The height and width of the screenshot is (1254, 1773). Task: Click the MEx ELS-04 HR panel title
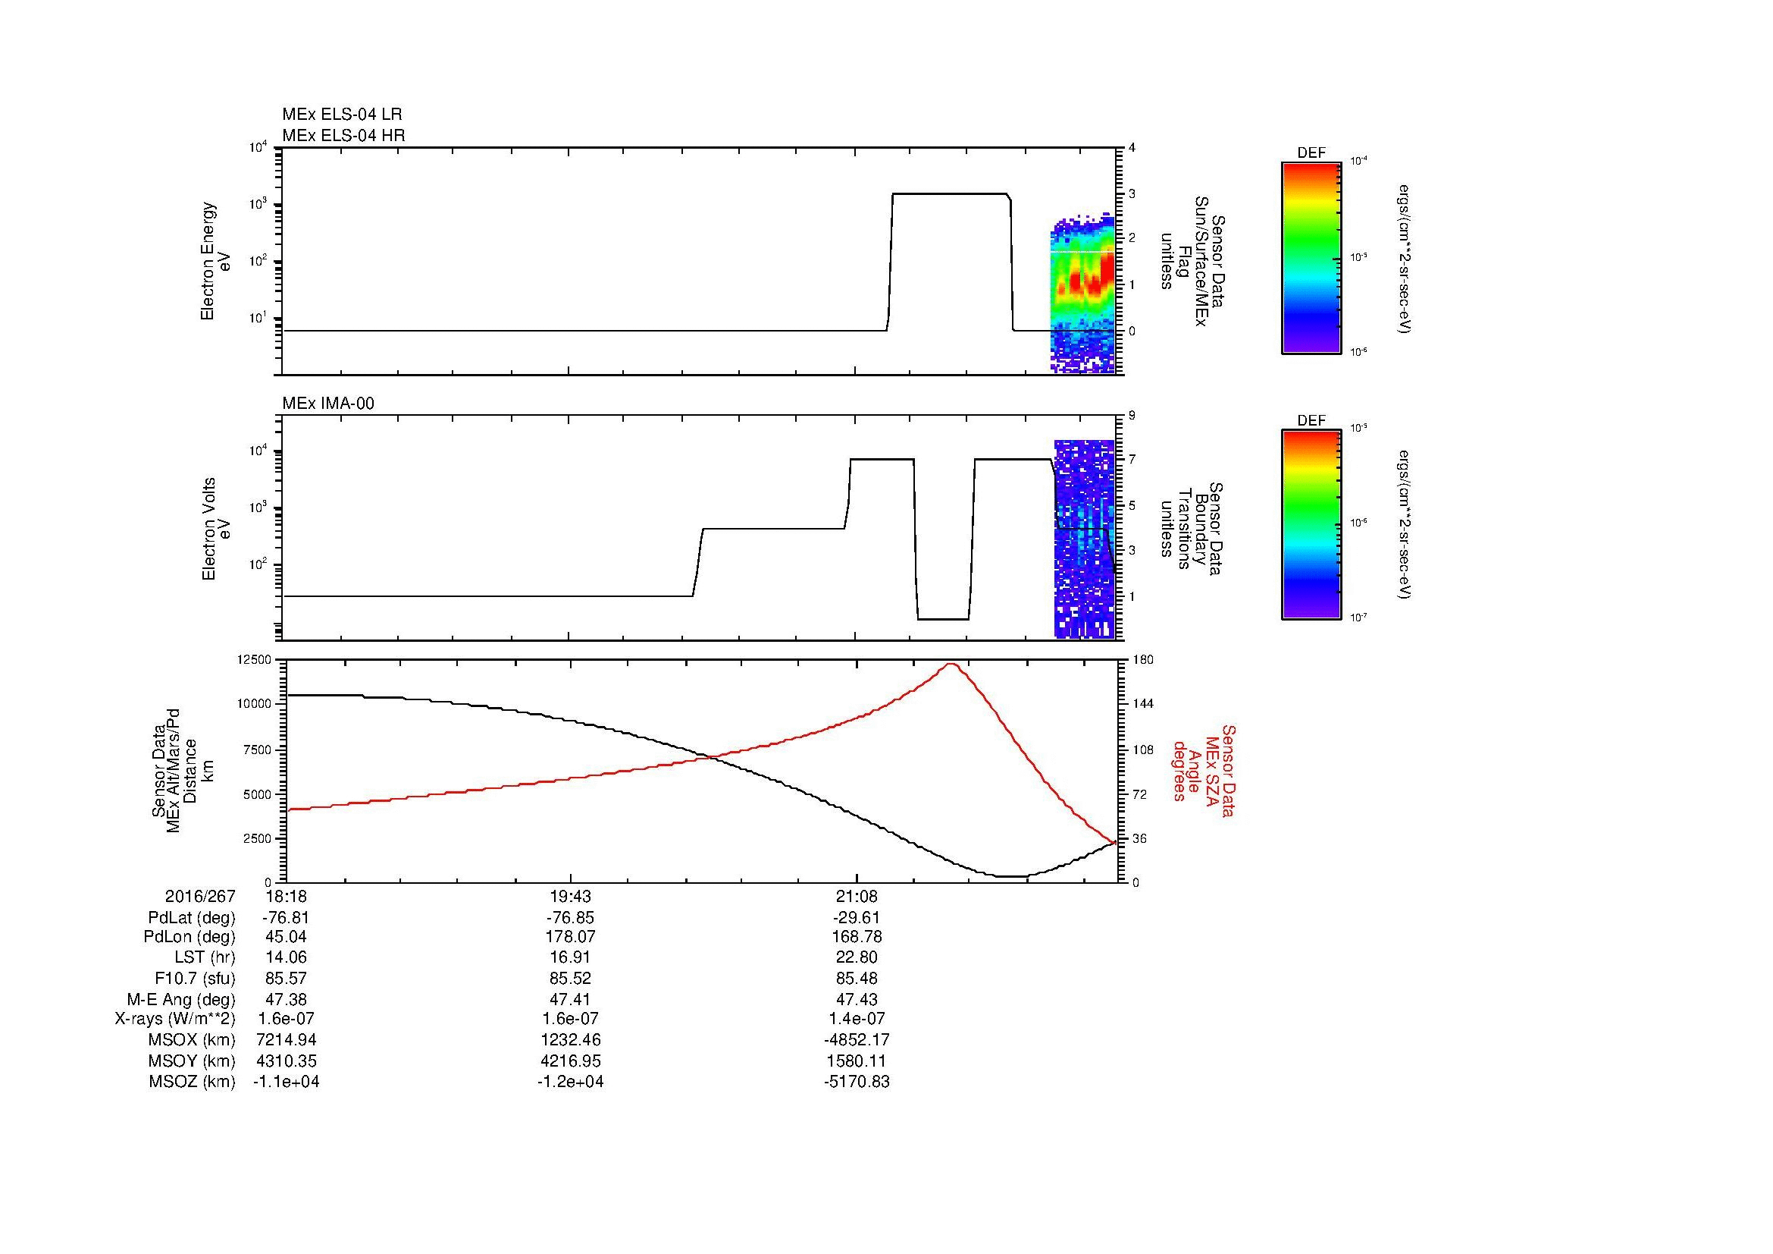tap(343, 136)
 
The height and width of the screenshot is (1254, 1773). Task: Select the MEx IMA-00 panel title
tap(328, 404)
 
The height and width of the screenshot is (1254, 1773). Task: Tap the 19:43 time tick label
tap(570, 897)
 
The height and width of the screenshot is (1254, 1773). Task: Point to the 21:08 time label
tap(857, 897)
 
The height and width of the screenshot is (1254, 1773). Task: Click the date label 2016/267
tap(200, 897)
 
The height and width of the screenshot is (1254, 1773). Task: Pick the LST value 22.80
tap(857, 957)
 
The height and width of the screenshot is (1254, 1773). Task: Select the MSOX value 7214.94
tap(287, 1040)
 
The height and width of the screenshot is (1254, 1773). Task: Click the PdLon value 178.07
tap(570, 937)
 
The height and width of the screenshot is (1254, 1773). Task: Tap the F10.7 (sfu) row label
tap(194, 978)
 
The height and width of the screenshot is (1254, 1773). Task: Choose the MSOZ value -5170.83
tap(857, 1082)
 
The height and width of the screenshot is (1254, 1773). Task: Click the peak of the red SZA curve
tap(951, 664)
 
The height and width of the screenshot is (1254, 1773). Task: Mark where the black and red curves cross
tap(709, 756)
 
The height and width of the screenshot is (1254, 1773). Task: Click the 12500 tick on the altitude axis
tap(255, 660)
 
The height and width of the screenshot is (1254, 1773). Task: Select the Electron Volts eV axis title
tap(216, 529)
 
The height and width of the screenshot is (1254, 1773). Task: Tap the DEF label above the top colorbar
tap(1311, 154)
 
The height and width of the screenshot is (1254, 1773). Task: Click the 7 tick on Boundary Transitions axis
tap(1132, 460)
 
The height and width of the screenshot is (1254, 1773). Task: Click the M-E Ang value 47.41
tap(570, 999)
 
